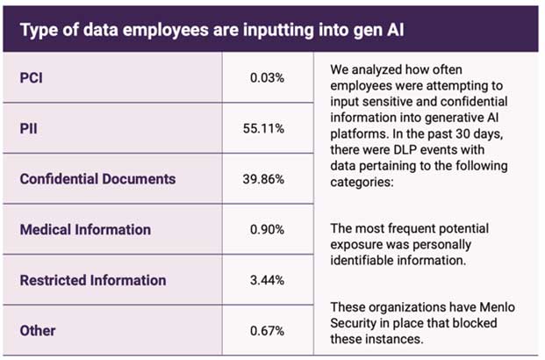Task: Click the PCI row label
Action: pyautogui.click(x=32, y=77)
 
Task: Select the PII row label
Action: pyautogui.click(x=30, y=128)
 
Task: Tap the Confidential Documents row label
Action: pyautogui.click(x=97, y=179)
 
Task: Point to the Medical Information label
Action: pyautogui.click(x=85, y=230)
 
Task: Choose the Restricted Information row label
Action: pyautogui.click(x=92, y=281)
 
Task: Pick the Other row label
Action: pyautogui.click(x=38, y=331)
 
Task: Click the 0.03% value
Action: pyautogui.click(x=266, y=77)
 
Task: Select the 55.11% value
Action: pyautogui.click(x=263, y=128)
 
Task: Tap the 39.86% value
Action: pyautogui.click(x=263, y=179)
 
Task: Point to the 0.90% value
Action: pyautogui.click(x=265, y=230)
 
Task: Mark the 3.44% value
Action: pyautogui.click(x=265, y=281)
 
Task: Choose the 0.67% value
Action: pyautogui.click(x=265, y=331)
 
